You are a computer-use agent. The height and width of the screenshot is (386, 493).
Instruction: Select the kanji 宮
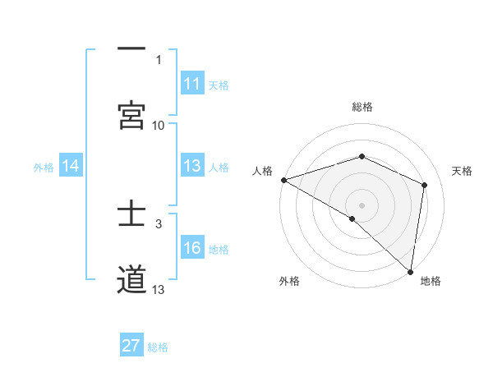(x=131, y=115)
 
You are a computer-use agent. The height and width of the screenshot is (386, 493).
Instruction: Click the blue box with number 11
(x=192, y=84)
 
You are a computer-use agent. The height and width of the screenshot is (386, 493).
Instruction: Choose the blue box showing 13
(x=192, y=167)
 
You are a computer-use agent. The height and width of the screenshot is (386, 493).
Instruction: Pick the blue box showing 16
(x=192, y=249)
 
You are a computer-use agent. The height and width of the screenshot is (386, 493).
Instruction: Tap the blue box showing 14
(x=71, y=167)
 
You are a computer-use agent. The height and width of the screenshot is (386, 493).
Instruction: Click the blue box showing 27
(x=131, y=346)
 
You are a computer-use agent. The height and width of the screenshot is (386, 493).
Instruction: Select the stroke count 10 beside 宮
(x=159, y=126)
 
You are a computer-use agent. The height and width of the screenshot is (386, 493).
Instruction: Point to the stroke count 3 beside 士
(x=159, y=223)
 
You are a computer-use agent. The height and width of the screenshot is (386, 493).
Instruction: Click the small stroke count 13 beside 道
(x=159, y=290)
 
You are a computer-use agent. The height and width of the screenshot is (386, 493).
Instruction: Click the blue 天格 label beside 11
(x=219, y=85)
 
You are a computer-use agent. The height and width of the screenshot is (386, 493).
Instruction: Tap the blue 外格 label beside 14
(x=44, y=168)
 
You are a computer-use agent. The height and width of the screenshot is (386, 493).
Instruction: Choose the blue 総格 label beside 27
(x=158, y=347)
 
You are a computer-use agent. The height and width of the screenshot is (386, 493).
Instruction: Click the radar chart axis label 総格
(x=362, y=107)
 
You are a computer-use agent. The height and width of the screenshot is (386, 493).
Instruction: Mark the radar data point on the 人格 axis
(x=283, y=180)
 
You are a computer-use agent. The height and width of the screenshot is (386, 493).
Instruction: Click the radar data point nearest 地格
(x=411, y=271)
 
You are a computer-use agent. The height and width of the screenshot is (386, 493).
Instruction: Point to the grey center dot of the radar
(x=362, y=204)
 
